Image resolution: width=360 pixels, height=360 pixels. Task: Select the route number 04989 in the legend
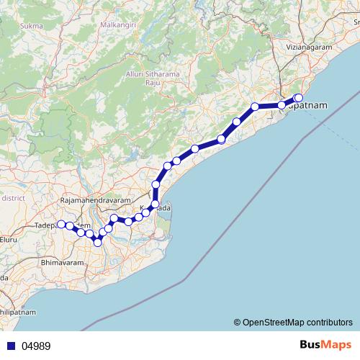click(x=36, y=346)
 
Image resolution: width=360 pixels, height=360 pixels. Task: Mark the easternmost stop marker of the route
click(x=299, y=98)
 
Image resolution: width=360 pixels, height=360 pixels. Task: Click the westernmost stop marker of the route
click(x=62, y=224)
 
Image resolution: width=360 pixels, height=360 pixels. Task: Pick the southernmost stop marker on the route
click(x=98, y=243)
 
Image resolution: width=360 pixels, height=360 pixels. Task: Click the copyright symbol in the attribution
click(x=237, y=322)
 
